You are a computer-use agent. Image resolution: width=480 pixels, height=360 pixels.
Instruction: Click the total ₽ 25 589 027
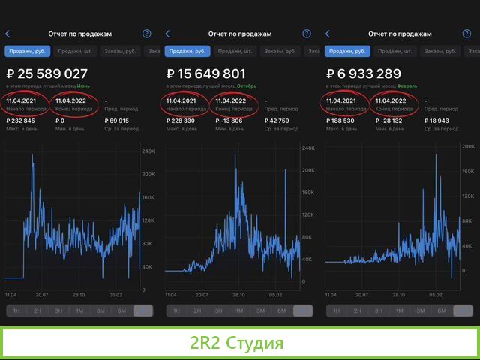tap(47, 73)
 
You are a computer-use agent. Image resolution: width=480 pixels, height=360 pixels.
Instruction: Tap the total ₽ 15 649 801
tap(206, 73)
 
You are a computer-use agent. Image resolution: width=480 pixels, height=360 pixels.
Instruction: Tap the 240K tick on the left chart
tap(148, 151)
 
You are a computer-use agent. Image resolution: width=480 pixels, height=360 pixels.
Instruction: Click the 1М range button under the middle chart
tap(239, 310)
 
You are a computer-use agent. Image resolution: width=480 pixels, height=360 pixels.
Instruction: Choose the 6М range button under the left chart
tap(121, 310)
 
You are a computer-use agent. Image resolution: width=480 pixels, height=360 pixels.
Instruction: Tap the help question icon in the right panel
tap(466, 34)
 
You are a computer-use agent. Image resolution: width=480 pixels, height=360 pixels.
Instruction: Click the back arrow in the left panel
tap(7, 34)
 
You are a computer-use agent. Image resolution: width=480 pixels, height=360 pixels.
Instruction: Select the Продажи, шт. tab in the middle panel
tap(232, 51)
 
